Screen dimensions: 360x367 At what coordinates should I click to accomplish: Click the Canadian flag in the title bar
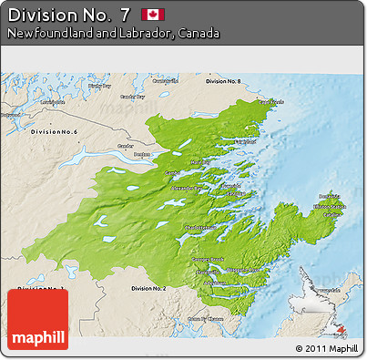pos(151,15)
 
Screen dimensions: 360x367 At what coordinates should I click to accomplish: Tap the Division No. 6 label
pos(54,132)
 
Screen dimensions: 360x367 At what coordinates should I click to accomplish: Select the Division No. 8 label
pos(223,81)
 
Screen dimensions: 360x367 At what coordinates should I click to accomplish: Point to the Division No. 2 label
pos(148,288)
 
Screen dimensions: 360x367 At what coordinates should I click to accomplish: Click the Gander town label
pos(126,145)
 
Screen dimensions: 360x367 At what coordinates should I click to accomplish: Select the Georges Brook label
pos(209,259)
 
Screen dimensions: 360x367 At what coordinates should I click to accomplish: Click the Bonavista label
pos(330,197)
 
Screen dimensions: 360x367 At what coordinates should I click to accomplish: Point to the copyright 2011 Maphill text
pos(326,348)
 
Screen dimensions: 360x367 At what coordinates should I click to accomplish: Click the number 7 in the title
pos(124,15)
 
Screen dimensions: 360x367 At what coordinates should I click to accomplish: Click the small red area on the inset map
pos(342,330)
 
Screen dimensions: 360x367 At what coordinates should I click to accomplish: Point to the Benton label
pos(142,155)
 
